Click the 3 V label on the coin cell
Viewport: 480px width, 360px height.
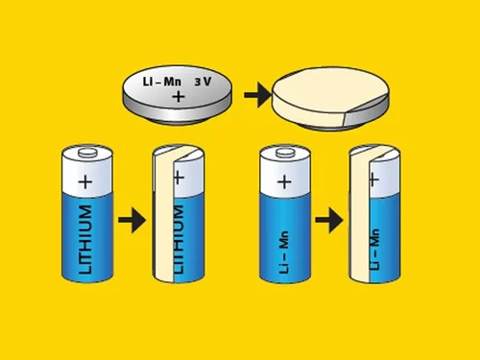point(203,82)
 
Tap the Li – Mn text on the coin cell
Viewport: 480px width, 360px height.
point(162,82)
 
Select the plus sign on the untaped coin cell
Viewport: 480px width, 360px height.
point(179,96)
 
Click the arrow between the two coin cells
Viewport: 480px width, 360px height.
point(257,95)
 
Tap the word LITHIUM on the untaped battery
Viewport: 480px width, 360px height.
point(85,240)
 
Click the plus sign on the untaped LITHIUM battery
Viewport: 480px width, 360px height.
point(85,182)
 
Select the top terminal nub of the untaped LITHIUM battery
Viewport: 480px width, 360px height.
point(87,152)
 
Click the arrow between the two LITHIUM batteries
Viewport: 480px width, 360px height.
point(132,220)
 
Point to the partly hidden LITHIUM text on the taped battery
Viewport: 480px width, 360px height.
point(179,239)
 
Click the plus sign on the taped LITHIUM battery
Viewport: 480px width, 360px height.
point(179,178)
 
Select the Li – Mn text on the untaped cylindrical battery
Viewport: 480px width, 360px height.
point(284,252)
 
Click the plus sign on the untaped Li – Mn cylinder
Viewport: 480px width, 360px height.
point(284,182)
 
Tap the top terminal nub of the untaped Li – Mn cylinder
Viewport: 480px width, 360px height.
point(285,153)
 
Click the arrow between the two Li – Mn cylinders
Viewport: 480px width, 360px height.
point(329,220)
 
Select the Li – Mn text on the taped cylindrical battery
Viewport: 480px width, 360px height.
point(374,249)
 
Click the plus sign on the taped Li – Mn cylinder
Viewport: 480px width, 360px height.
point(374,180)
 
